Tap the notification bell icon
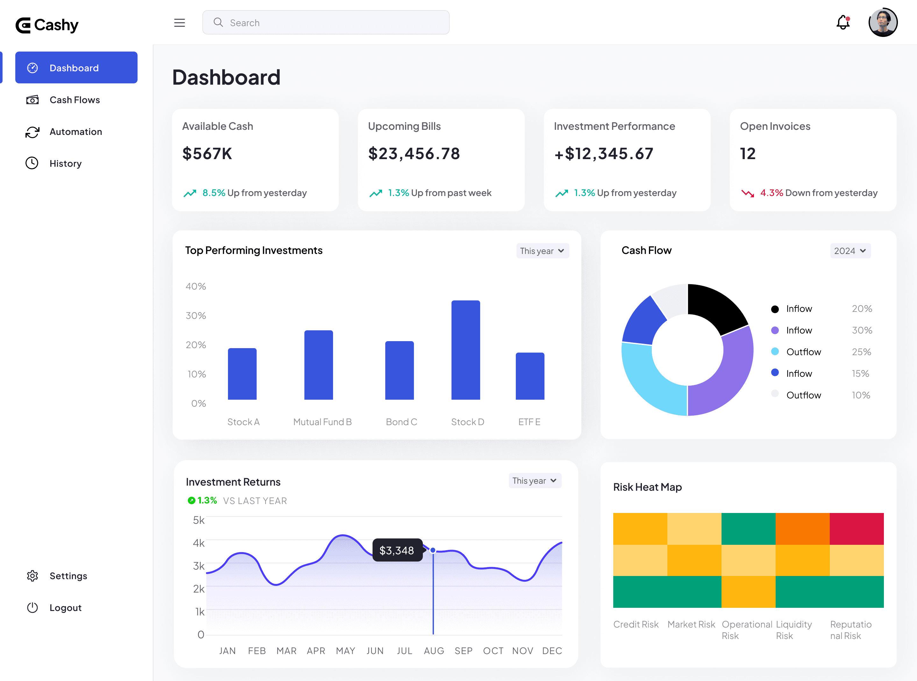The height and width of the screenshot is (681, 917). coord(843,22)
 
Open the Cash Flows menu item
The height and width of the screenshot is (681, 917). coord(75,100)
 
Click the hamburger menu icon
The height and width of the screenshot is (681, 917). coord(180,23)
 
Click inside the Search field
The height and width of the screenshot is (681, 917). coord(326,23)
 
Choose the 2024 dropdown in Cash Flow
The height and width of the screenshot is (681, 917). coord(850,251)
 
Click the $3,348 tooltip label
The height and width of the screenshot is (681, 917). coord(397,550)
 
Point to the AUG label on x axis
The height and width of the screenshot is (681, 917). coord(434,650)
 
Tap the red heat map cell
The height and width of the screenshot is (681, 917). coord(857,529)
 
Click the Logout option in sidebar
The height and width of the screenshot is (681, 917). coord(65,607)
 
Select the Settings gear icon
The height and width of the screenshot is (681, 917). coord(32,576)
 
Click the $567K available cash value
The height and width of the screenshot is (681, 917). coord(207,154)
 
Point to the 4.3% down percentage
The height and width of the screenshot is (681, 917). coord(771,193)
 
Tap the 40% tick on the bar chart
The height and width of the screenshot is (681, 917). coord(195,286)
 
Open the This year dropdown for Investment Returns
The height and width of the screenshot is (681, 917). coord(535,481)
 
